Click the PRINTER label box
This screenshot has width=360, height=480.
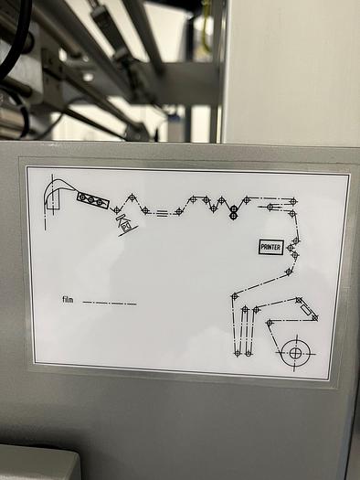(270, 247)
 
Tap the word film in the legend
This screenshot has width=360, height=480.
(68, 300)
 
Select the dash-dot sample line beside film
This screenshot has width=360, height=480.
(109, 302)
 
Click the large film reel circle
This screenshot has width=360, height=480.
(295, 351)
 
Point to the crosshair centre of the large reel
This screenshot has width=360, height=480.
(295, 351)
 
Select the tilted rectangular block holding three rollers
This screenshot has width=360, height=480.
(92, 200)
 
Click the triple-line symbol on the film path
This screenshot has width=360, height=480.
(162, 213)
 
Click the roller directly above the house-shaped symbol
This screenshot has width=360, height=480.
(116, 210)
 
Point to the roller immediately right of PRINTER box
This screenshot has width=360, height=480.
(291, 247)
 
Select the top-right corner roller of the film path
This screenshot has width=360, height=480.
(293, 201)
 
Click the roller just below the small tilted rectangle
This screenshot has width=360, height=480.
(314, 318)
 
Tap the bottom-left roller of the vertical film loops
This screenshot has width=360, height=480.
(237, 353)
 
